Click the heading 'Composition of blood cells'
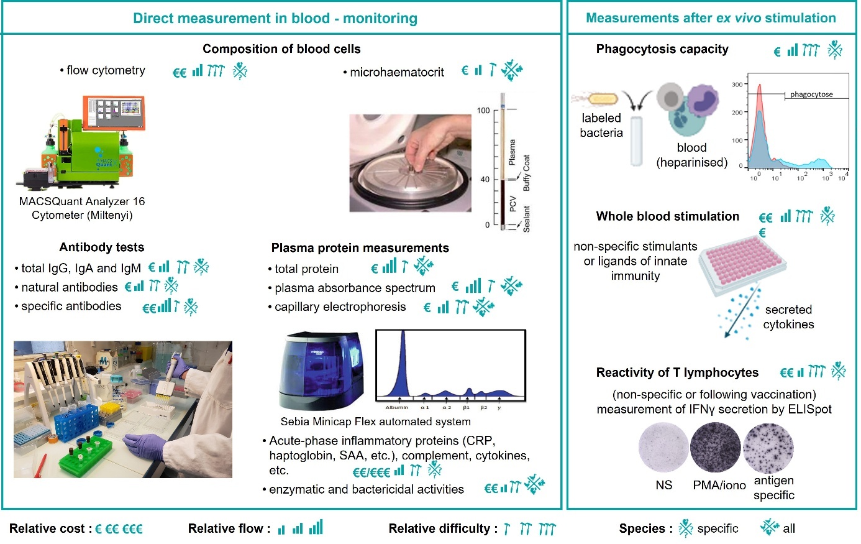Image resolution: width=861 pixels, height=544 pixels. click(281, 49)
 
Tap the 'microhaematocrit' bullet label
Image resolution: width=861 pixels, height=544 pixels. click(396, 72)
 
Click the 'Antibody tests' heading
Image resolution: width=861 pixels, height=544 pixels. click(102, 247)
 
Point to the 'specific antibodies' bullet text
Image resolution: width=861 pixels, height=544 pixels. click(71, 306)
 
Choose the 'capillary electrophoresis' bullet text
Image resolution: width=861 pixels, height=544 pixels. click(340, 307)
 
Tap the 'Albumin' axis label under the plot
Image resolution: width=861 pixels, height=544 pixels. click(396, 408)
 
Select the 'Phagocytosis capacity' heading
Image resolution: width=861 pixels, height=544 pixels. click(662, 49)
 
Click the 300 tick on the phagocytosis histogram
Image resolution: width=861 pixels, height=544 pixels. click(737, 85)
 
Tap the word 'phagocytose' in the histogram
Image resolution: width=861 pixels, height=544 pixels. click(811, 95)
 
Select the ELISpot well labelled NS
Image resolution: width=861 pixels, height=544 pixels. click(663, 448)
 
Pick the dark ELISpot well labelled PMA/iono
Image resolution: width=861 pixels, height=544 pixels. click(715, 448)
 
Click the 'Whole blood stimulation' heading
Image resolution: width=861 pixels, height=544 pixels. click(667, 216)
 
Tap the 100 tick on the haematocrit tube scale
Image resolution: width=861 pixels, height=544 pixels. click(483, 111)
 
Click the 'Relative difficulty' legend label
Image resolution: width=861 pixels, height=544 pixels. click(442, 529)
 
